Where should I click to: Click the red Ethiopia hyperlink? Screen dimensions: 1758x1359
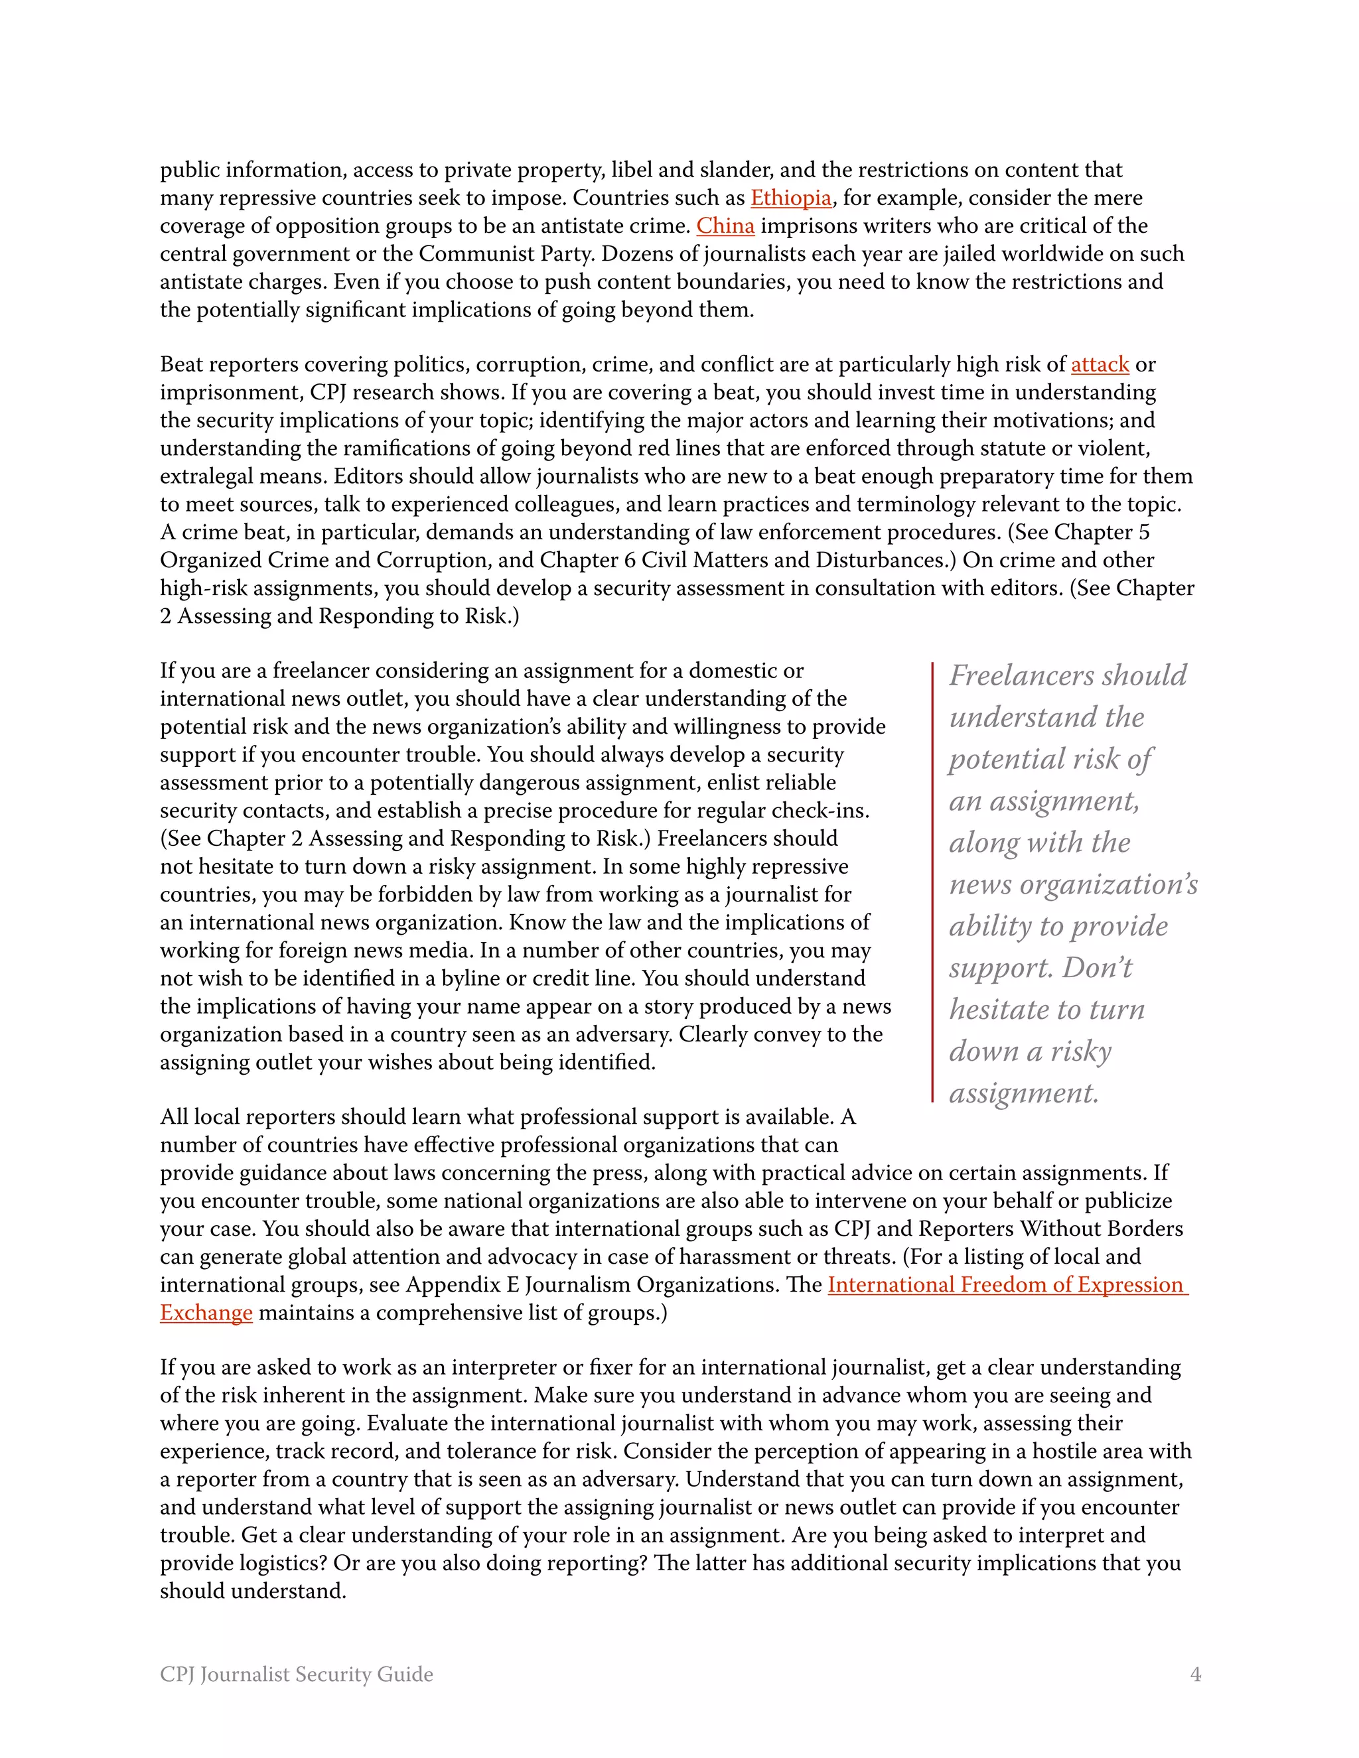790,198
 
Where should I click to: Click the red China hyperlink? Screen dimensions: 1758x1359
725,226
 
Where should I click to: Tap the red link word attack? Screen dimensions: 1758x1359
1100,365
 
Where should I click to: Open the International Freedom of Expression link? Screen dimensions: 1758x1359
1007,1285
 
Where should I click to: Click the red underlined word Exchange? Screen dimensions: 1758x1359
206,1313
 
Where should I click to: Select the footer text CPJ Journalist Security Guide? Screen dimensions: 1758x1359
296,1674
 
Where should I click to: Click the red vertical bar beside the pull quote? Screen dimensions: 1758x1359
932,882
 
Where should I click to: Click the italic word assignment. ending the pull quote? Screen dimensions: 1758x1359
1023,1093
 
